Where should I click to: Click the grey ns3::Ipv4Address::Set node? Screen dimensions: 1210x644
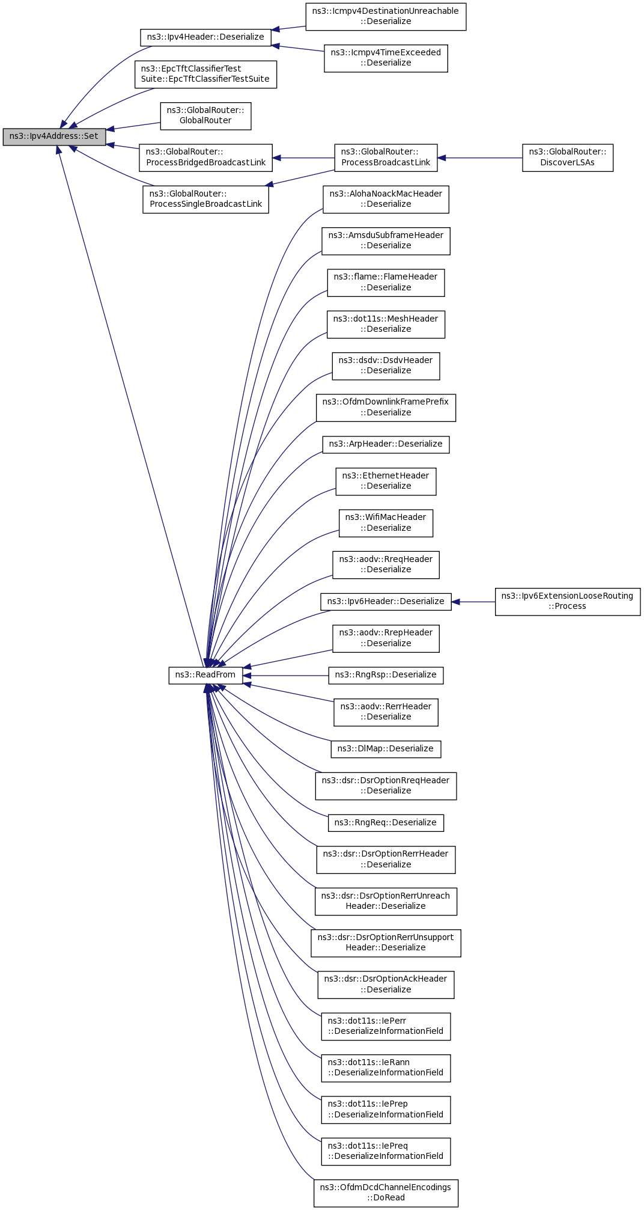point(54,136)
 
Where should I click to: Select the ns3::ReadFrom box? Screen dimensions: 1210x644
point(205,675)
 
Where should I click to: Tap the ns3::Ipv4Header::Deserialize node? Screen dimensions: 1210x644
point(205,37)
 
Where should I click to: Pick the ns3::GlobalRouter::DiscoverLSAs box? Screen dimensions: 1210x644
point(567,157)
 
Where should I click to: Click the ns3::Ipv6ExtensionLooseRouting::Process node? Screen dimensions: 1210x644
point(567,601)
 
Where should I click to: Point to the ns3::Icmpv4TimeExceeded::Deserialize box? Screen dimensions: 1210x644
point(386,58)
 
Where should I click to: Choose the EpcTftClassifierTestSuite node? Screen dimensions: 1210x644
point(205,74)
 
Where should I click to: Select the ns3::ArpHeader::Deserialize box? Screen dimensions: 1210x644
point(386,444)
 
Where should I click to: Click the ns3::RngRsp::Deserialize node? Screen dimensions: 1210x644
point(386,675)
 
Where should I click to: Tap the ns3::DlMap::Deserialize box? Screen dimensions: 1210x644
point(386,749)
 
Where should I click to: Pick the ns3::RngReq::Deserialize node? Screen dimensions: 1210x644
point(386,823)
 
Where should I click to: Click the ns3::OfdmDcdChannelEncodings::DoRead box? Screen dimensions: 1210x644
point(386,1193)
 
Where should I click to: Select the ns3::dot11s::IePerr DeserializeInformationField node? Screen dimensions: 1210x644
point(386,1026)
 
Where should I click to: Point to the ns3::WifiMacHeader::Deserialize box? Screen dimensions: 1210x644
point(386,523)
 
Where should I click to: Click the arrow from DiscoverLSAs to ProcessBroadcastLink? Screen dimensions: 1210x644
point(480,158)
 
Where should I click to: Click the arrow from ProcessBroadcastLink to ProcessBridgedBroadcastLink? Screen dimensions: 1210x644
point(303,158)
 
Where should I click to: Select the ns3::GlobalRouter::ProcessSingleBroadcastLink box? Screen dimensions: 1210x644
point(205,200)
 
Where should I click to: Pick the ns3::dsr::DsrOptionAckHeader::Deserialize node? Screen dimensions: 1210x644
point(386,985)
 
